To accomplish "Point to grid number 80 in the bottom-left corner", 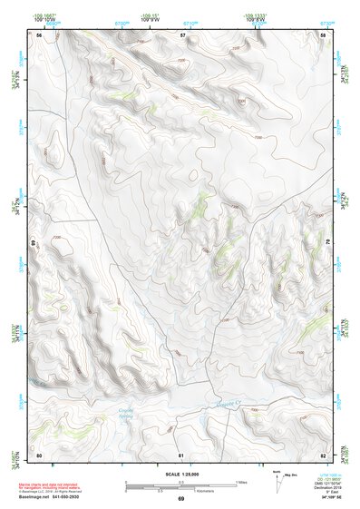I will (x=39, y=454).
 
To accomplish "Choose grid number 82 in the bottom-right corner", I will (x=323, y=454).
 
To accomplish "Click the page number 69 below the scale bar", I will (x=180, y=498).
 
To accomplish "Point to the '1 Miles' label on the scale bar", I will (x=240, y=481).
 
